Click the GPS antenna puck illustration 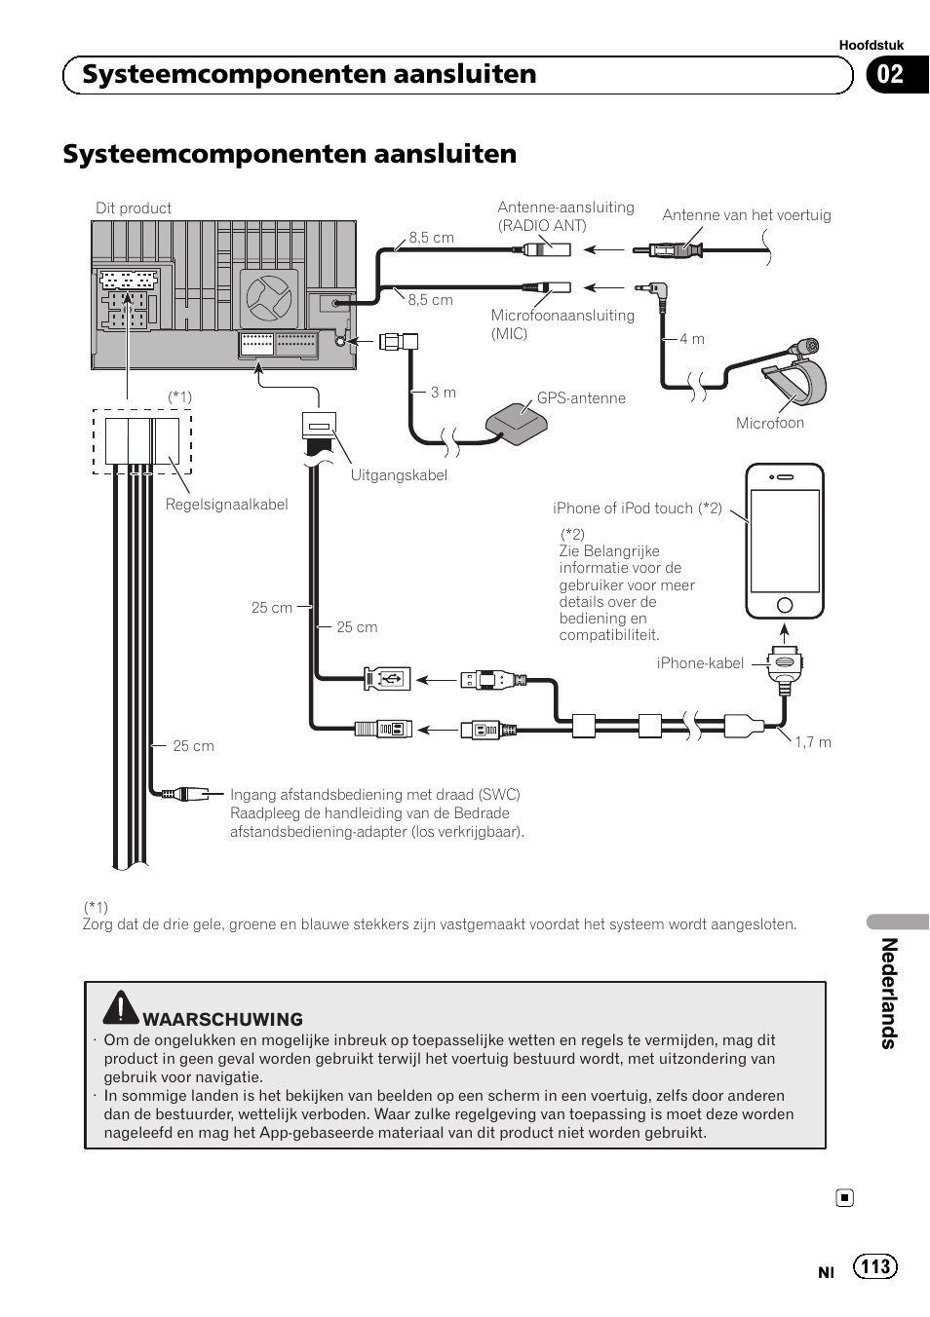pos(517,423)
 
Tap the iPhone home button pos(785,605)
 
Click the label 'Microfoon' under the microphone pos(769,423)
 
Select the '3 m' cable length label pos(444,392)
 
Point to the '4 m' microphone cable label pos(692,338)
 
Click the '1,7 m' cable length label pos(812,741)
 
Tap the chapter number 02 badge pos(891,75)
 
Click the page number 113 pos(875,1265)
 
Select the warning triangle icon pos(121,1007)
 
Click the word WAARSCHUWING pos(222,1019)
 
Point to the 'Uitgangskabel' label pos(399,475)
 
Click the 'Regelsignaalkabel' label pos(226,505)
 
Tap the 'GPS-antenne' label pos(581,397)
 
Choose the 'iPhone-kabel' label pos(700,663)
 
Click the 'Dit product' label pos(134,207)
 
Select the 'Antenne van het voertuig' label pos(746,215)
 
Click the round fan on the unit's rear pos(267,298)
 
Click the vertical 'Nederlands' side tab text pos(888,993)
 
